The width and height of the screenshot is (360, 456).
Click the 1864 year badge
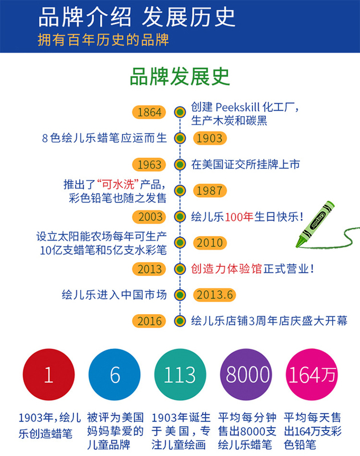click(x=150, y=112)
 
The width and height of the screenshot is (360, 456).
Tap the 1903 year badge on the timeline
click(x=209, y=139)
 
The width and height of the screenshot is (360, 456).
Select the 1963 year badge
click(x=150, y=165)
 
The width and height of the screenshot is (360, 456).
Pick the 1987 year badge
click(x=209, y=191)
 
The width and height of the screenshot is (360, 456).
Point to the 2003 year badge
click(x=150, y=217)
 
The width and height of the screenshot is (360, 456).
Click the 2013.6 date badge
click(x=215, y=295)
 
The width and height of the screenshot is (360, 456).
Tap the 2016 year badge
click(x=150, y=321)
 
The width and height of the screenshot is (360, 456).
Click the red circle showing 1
click(x=48, y=374)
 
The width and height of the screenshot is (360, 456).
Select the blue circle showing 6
click(x=114, y=374)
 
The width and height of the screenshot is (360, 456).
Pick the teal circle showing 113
click(x=180, y=374)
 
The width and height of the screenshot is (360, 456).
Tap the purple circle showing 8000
click(x=247, y=374)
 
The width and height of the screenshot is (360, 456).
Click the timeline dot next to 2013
click(x=180, y=269)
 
